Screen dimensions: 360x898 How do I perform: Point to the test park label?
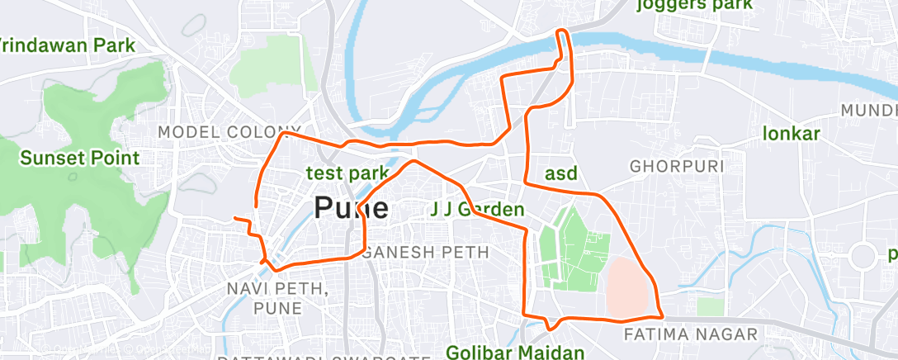point(347,173)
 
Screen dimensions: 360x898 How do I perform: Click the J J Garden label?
point(477,210)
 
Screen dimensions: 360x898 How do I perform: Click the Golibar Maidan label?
point(515,353)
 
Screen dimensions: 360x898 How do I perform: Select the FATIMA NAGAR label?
point(690,334)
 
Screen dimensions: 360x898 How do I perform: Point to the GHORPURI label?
point(677,166)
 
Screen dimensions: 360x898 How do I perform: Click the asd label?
point(561,173)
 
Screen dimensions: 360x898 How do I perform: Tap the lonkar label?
point(791,134)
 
